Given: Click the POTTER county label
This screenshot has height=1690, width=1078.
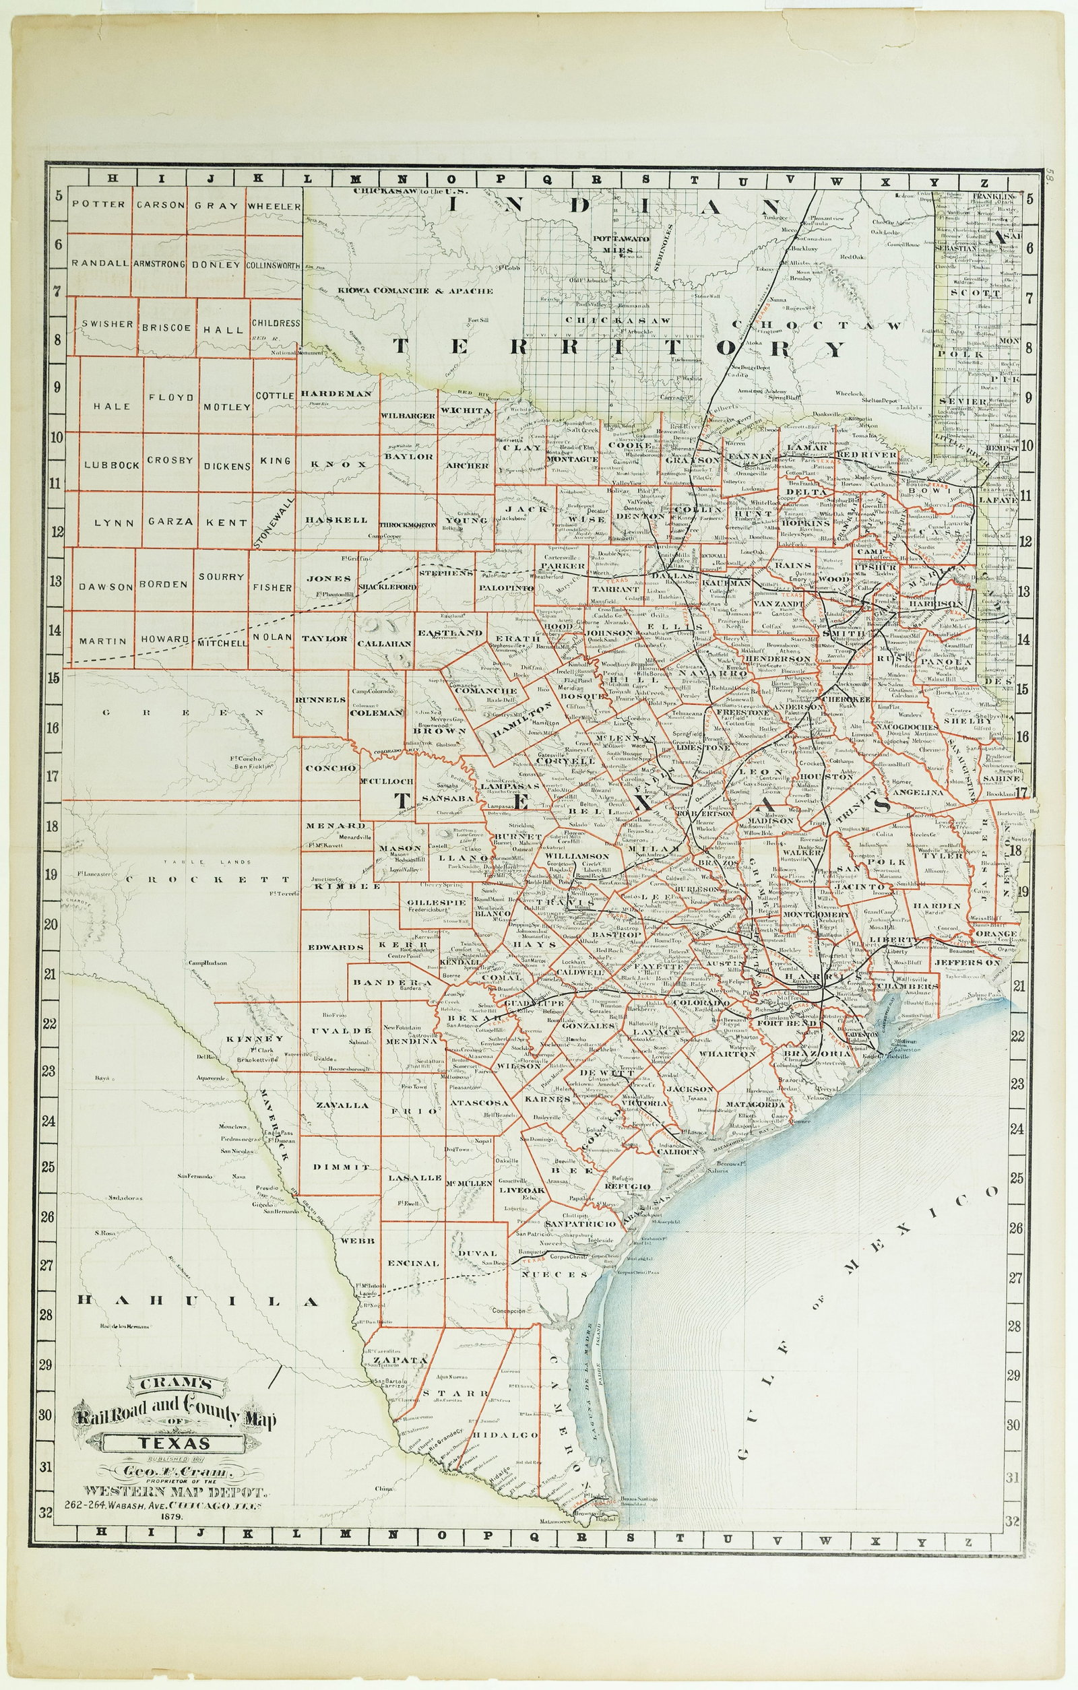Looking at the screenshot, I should (x=98, y=205).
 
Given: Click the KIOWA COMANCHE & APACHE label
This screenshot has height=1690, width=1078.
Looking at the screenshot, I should (x=414, y=290).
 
